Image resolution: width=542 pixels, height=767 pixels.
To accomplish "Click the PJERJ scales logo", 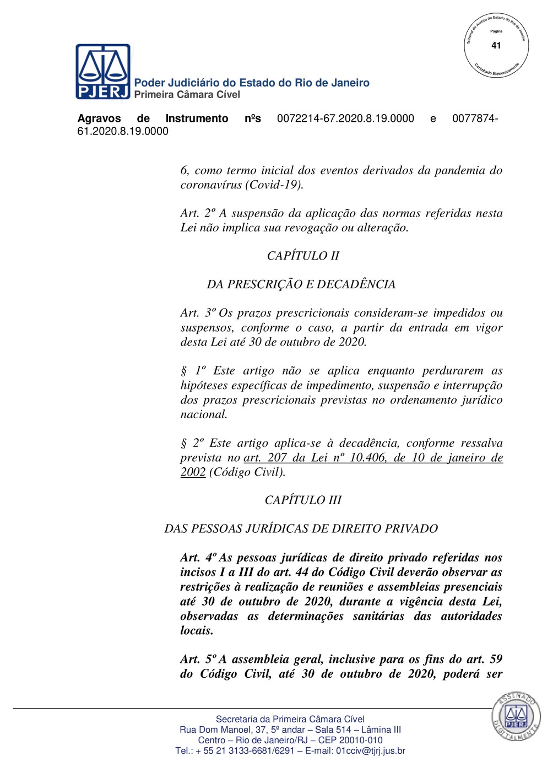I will coord(103,71).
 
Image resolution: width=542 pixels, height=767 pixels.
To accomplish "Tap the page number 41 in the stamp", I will coord(496,46).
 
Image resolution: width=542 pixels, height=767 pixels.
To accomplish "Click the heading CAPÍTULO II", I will coord(303,256).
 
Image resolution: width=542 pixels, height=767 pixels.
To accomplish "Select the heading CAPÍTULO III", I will coord(303,500).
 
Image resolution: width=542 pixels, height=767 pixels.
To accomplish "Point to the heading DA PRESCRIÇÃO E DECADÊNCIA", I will coord(301,284).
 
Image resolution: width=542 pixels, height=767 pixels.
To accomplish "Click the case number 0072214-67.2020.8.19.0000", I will coord(345,118).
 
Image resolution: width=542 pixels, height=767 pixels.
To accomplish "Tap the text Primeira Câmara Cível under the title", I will coord(187,95).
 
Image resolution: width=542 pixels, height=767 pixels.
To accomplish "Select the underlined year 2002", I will coord(193,472).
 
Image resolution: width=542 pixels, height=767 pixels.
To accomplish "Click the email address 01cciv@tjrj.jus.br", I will coord(370,750).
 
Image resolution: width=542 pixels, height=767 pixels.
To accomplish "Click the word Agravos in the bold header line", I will coord(99,118).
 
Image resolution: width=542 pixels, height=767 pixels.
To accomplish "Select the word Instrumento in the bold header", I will coord(197,118).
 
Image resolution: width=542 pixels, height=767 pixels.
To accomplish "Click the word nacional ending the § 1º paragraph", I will coord(204,414).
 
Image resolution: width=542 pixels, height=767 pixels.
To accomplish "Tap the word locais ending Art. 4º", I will coord(197,630).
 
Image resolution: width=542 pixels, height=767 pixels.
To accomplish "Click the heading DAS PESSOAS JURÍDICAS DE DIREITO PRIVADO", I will coord(301,528).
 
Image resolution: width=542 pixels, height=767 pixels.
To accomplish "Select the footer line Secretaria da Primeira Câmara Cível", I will coord(290,719).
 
